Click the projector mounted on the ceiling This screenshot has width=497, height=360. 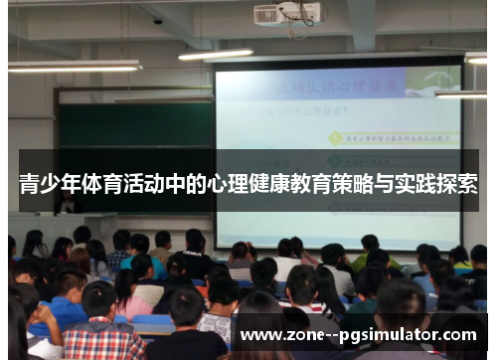click(287, 14)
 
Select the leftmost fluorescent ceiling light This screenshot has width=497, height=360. click(75, 67)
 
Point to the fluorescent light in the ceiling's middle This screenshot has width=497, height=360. click(216, 54)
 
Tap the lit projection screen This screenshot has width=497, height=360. click(338, 149)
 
